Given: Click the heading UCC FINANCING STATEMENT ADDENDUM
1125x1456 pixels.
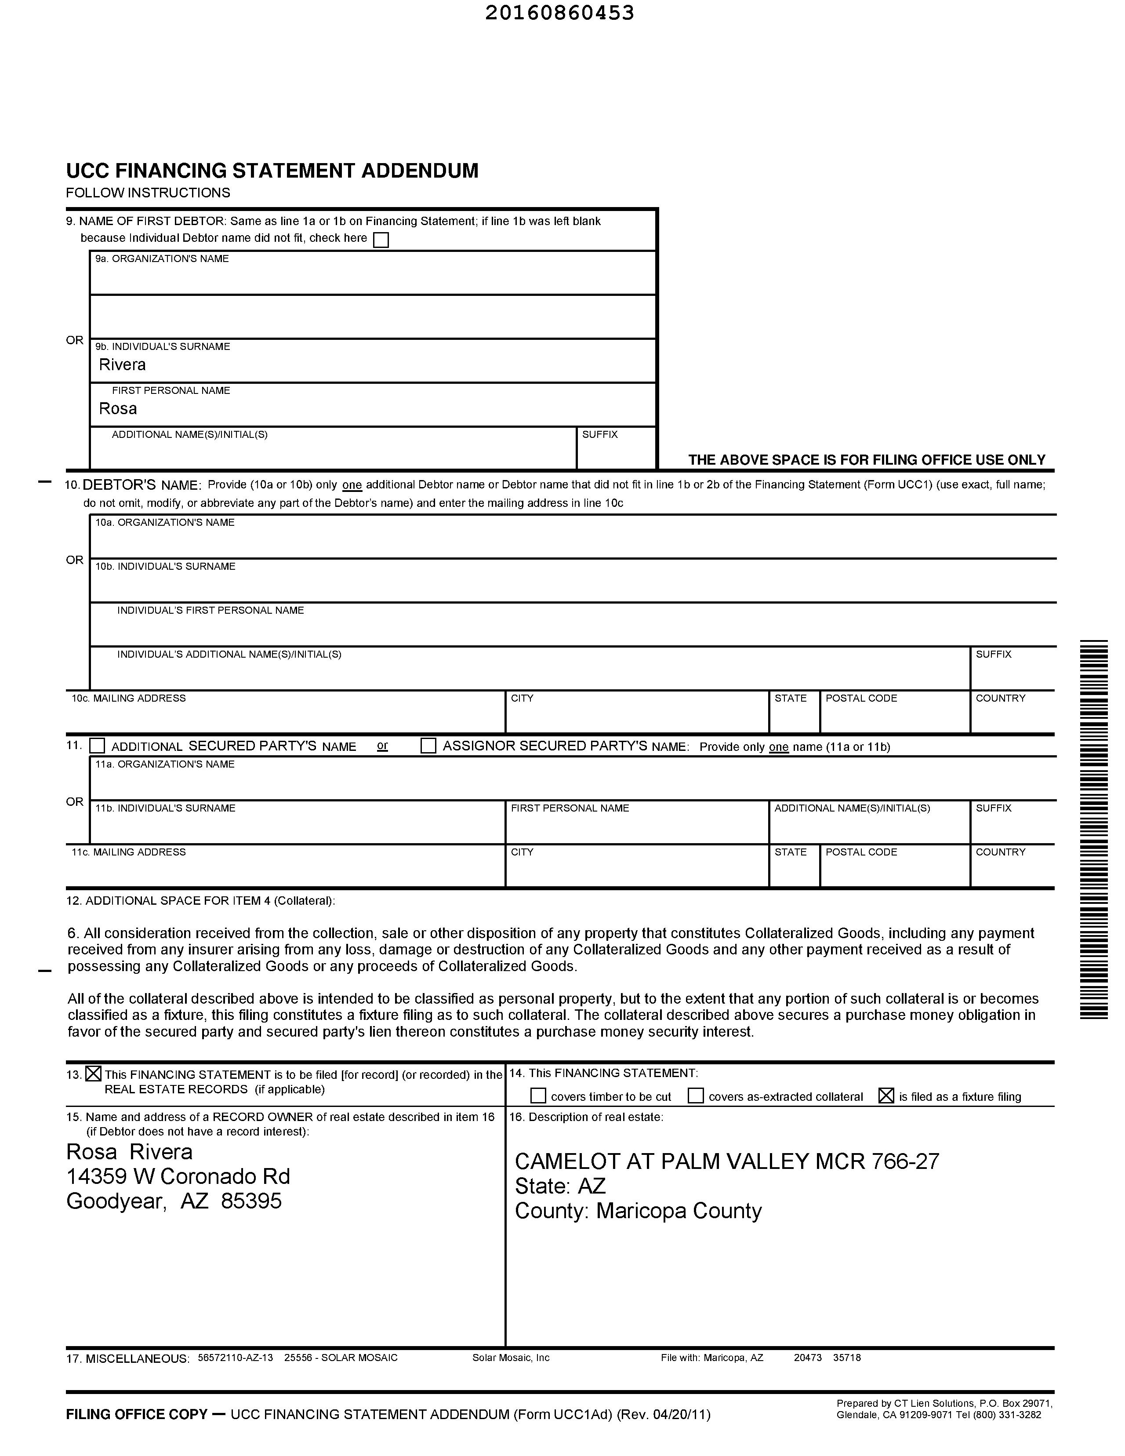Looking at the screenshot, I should (x=272, y=171).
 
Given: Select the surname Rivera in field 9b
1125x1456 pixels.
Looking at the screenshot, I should (x=122, y=365).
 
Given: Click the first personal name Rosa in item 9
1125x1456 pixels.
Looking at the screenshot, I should (x=118, y=409).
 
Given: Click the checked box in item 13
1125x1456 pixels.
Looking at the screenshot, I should (x=94, y=1074).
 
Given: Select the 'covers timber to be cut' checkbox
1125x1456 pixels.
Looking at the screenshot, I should (x=538, y=1096).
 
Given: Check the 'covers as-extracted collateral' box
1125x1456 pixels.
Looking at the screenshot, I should (x=695, y=1096).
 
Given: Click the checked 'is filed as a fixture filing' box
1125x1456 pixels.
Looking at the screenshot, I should (x=886, y=1096).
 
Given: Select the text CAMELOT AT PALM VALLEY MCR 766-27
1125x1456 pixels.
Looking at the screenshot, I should (x=726, y=1162).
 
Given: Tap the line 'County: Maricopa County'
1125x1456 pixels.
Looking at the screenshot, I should (x=638, y=1211).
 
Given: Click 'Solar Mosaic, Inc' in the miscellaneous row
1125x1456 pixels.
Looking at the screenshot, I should (x=511, y=1358).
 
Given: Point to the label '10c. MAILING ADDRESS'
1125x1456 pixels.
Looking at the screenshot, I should (x=129, y=699).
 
